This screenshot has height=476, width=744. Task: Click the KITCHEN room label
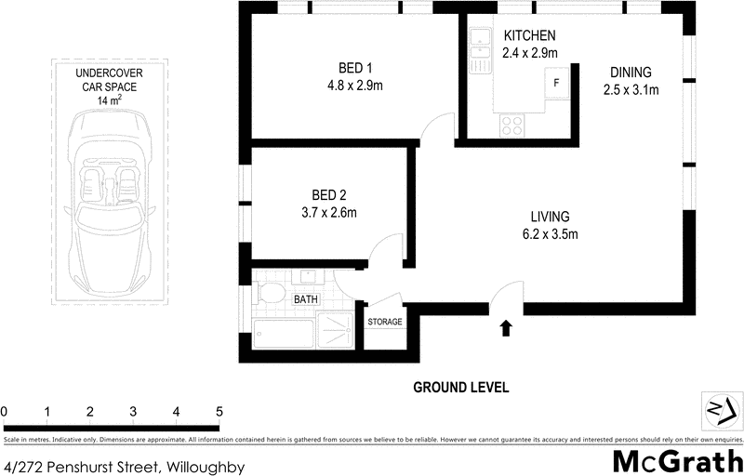(x=530, y=36)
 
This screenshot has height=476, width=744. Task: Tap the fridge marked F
(x=556, y=83)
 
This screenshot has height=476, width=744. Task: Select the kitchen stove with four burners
(x=512, y=124)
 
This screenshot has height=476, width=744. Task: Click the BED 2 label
(x=328, y=195)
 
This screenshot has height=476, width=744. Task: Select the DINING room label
(x=631, y=73)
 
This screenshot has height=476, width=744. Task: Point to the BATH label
(x=307, y=300)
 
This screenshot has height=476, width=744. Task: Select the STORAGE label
(x=385, y=323)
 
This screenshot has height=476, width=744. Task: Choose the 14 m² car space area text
(x=110, y=99)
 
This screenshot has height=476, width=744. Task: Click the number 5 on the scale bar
(x=219, y=412)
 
